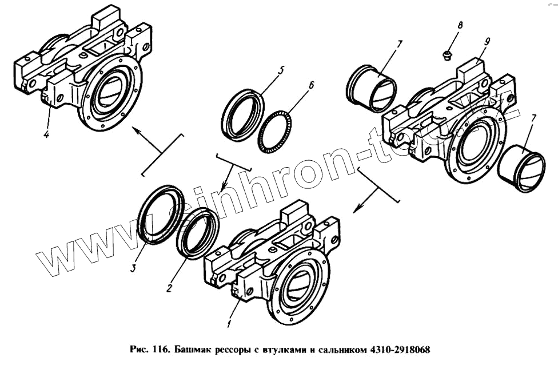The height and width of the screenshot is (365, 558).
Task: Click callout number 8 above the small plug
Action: point(460,25)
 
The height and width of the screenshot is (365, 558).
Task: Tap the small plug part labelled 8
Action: point(447,55)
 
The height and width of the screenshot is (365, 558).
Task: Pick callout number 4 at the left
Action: point(46,135)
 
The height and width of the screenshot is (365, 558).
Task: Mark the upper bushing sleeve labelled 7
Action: point(372,89)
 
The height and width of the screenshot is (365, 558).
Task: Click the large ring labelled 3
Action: point(160,215)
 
